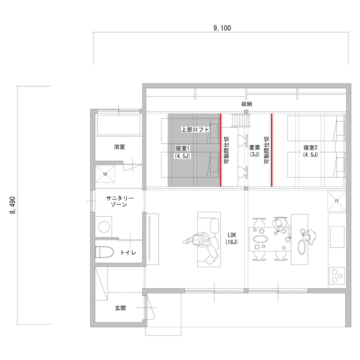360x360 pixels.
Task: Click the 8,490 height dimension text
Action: (x=14, y=205)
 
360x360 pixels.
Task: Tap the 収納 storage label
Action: (x=247, y=104)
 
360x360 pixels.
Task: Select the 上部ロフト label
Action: (x=195, y=129)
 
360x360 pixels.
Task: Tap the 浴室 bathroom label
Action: (x=120, y=147)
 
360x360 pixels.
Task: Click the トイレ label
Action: (x=128, y=253)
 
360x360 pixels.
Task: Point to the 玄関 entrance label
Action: (x=120, y=308)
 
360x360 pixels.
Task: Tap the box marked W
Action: (x=105, y=174)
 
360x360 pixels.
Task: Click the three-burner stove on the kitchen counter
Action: (x=337, y=276)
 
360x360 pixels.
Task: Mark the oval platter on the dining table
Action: (x=261, y=239)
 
